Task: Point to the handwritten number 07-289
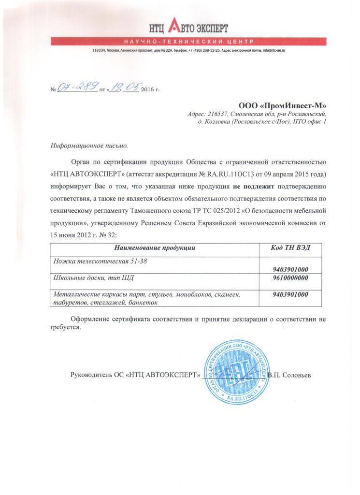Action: point(77,88)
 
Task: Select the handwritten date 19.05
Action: point(124,87)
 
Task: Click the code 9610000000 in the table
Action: point(291,278)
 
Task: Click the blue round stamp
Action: point(235,372)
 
